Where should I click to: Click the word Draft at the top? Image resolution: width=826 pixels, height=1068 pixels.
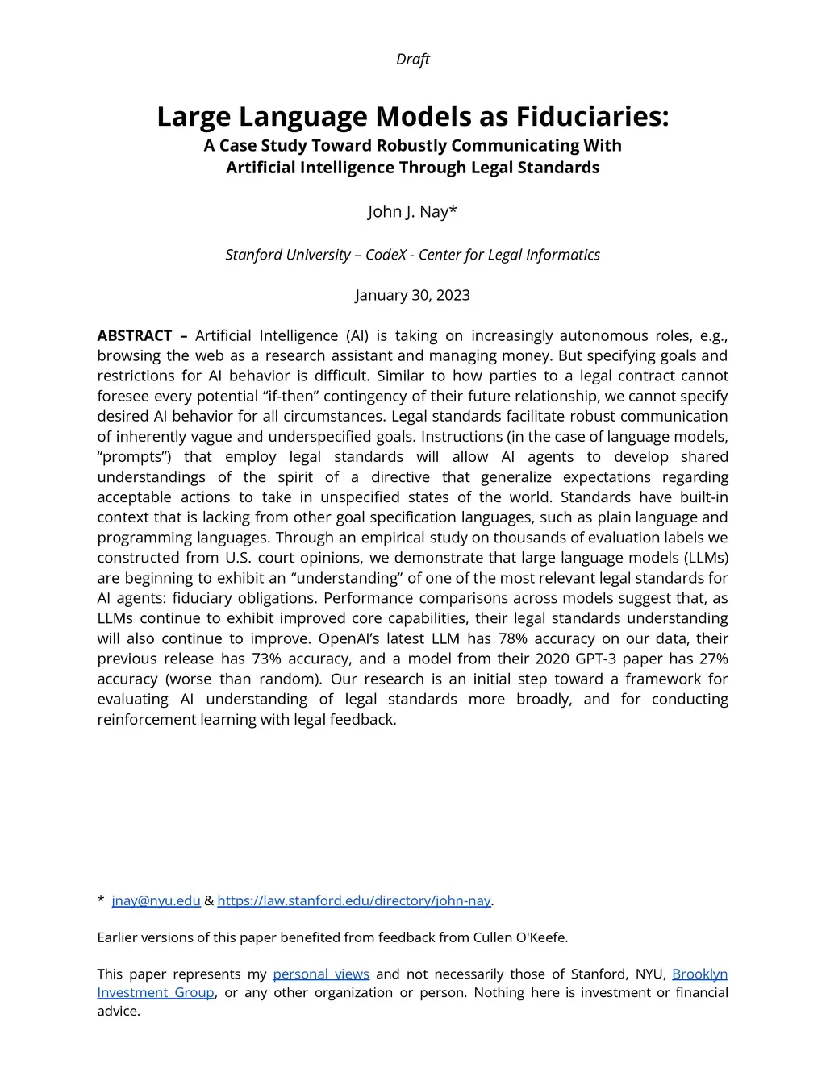pos(412,59)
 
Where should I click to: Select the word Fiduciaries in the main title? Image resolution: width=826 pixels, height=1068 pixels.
pos(592,116)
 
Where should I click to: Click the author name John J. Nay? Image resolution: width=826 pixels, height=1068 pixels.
pos(412,211)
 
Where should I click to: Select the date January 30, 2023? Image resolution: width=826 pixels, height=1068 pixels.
pos(412,295)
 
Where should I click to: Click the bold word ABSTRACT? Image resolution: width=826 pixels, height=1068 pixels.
pos(135,335)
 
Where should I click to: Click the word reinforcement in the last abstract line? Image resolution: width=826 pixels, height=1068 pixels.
pos(143,719)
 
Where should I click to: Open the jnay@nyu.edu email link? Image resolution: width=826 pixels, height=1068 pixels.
pos(156,900)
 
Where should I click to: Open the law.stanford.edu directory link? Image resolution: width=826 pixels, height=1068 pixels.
pos(353,900)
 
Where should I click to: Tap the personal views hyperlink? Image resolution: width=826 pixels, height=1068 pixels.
pos(320,974)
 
